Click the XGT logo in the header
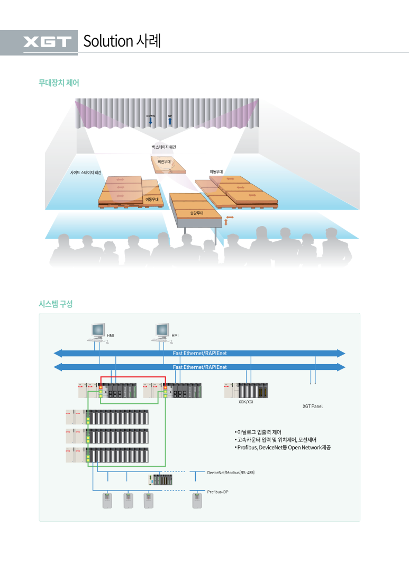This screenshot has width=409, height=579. pos(47,42)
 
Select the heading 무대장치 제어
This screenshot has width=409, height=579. pos(59,83)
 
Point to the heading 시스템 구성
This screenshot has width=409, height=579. pos(55,304)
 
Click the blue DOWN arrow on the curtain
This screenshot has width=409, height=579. pos(151,121)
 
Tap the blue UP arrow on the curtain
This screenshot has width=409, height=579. pos(170,121)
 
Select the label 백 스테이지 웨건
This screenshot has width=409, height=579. pos(164,147)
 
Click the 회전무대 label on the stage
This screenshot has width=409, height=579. pos(164,161)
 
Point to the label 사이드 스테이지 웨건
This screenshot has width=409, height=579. pos(86,173)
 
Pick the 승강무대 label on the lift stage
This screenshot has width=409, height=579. pos(197,213)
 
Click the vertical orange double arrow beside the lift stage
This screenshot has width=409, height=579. pos(226,223)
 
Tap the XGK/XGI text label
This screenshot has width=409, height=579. pos(247,402)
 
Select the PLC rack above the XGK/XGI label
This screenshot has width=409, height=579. pos(246,390)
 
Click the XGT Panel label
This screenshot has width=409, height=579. pos(312,406)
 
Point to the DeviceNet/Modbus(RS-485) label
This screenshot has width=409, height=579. pos(231,472)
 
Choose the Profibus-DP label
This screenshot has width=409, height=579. pos(217,492)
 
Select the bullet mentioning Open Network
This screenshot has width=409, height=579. pos(283,448)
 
